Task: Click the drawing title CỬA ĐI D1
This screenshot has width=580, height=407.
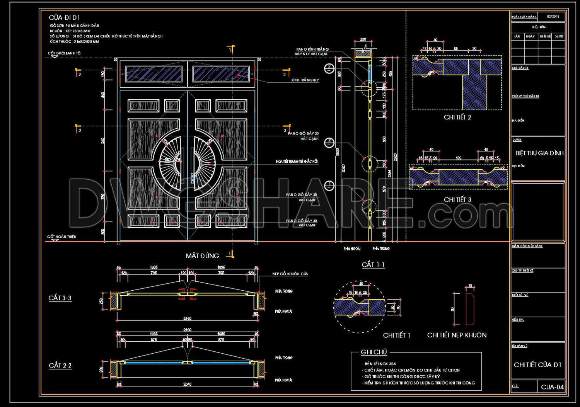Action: click(64, 17)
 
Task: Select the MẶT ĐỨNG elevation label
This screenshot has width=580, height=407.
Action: click(202, 256)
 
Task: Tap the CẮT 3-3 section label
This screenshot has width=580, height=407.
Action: click(60, 298)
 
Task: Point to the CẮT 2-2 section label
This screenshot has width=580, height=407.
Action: click(60, 366)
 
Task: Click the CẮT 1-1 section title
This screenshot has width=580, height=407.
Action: click(373, 265)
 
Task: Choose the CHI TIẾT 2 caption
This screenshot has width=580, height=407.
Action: click(457, 118)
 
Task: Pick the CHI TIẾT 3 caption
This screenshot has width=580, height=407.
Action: click(457, 200)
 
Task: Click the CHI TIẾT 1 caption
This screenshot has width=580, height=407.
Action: click(396, 335)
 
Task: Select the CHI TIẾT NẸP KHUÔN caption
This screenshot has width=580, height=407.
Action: click(457, 335)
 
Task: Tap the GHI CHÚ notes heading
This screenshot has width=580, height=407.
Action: click(374, 352)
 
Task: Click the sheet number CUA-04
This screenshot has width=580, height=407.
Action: click(552, 387)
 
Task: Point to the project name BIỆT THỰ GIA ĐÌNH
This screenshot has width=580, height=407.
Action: click(539, 153)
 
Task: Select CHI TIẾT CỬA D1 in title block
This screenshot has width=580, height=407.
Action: click(537, 365)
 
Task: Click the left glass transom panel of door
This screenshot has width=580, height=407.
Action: click(154, 74)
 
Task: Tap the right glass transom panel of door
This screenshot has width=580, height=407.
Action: click(221, 74)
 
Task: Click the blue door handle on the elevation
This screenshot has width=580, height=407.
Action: click(192, 178)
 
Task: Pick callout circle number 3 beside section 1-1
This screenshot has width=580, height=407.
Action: click(329, 142)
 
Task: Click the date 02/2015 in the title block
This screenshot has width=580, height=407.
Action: click(553, 17)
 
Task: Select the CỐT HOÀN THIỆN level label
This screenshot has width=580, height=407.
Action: click(62, 237)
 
